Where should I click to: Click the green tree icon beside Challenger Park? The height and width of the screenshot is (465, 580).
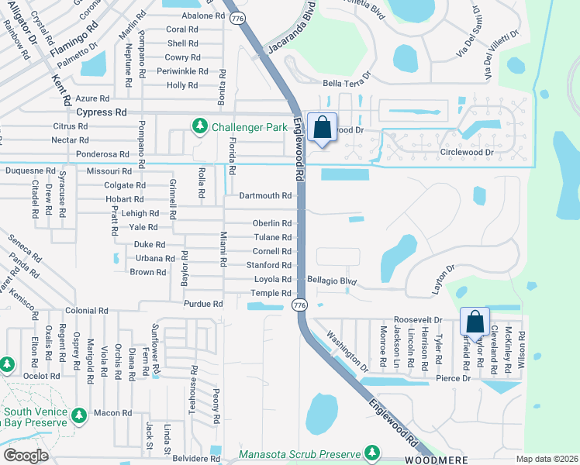pos(199,126)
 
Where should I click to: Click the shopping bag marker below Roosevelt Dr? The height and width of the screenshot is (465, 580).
pos(474,321)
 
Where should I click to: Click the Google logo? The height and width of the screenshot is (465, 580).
pos(26,456)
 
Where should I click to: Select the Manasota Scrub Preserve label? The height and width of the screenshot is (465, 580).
pos(300,453)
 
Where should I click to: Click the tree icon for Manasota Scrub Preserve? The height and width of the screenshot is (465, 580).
pos(372,452)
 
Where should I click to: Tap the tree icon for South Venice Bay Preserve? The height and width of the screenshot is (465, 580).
pos(78,416)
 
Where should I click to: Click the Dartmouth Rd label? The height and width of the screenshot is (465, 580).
pos(265,196)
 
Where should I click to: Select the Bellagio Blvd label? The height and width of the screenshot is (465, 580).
pos(331,279)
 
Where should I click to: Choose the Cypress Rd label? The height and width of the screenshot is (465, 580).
pos(102,112)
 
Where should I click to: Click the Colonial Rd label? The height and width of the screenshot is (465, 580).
pos(86,310)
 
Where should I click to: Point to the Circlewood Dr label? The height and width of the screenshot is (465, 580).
pos(467,153)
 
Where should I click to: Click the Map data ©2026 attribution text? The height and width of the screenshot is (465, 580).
pos(547,459)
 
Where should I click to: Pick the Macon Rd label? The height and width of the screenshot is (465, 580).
pos(112,413)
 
